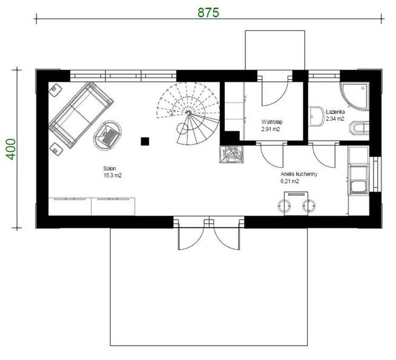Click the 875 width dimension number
coord(208,12)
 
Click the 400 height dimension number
coord(11,149)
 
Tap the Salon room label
coord(110,168)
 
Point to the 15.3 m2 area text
coord(113,175)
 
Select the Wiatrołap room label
coord(272,122)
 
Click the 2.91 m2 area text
coord(271,129)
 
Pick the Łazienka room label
coord(335,112)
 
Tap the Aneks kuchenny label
coord(299,174)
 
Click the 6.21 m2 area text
coord(290,181)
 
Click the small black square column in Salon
coord(145,142)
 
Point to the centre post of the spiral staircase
coord(188,113)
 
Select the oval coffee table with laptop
coord(108,136)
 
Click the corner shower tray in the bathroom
coord(354,96)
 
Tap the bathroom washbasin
coord(317,116)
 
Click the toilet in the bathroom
coord(359,128)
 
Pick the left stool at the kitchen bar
coord(284,206)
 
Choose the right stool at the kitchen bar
coord(309,206)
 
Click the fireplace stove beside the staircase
coord(231,154)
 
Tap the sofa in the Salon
coord(81,115)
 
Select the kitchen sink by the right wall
coord(358,187)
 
